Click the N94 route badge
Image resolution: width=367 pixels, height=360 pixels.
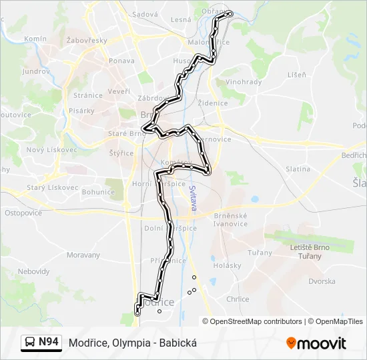(41, 343)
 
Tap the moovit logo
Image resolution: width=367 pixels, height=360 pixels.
(316, 343)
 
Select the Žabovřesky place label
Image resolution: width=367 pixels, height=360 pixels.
(87, 41)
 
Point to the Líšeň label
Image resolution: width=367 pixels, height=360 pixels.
(296, 75)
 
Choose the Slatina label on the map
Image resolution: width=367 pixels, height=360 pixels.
(298, 169)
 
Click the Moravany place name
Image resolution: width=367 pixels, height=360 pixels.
(83, 255)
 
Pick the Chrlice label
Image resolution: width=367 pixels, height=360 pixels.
(238, 299)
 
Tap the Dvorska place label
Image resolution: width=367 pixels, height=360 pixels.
(322, 281)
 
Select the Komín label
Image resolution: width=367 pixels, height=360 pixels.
(35, 39)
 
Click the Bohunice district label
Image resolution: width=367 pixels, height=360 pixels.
(98, 192)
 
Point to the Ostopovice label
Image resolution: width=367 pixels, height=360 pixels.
(23, 213)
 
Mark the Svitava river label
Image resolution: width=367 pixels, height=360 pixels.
(192, 199)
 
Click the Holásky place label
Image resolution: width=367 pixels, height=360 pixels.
(227, 265)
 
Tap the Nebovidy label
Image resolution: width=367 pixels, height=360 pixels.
(33, 272)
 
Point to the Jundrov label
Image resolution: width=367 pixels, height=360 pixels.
(35, 71)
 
